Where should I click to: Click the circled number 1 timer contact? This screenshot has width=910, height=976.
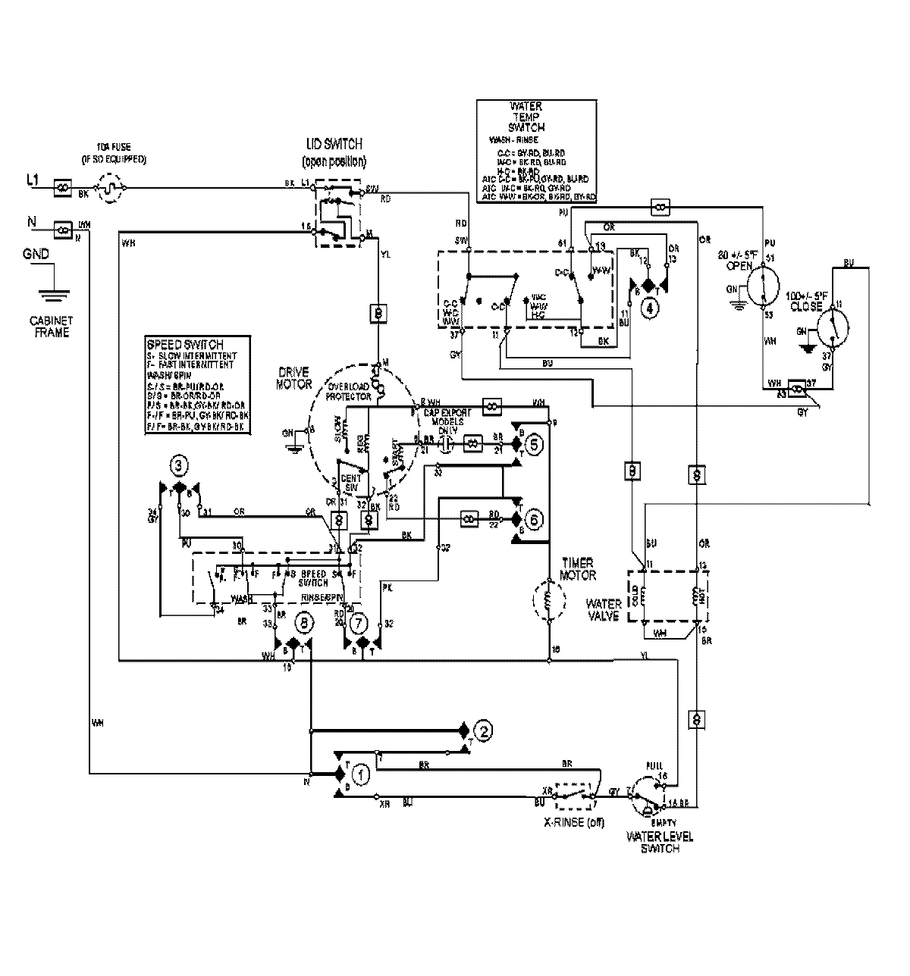[x=362, y=775]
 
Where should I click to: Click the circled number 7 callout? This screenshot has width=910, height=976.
[x=359, y=622]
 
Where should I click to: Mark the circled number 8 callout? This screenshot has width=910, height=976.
[x=304, y=623]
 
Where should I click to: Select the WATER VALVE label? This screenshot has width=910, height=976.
[x=604, y=609]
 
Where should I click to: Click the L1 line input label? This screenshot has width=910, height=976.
[x=33, y=180]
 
